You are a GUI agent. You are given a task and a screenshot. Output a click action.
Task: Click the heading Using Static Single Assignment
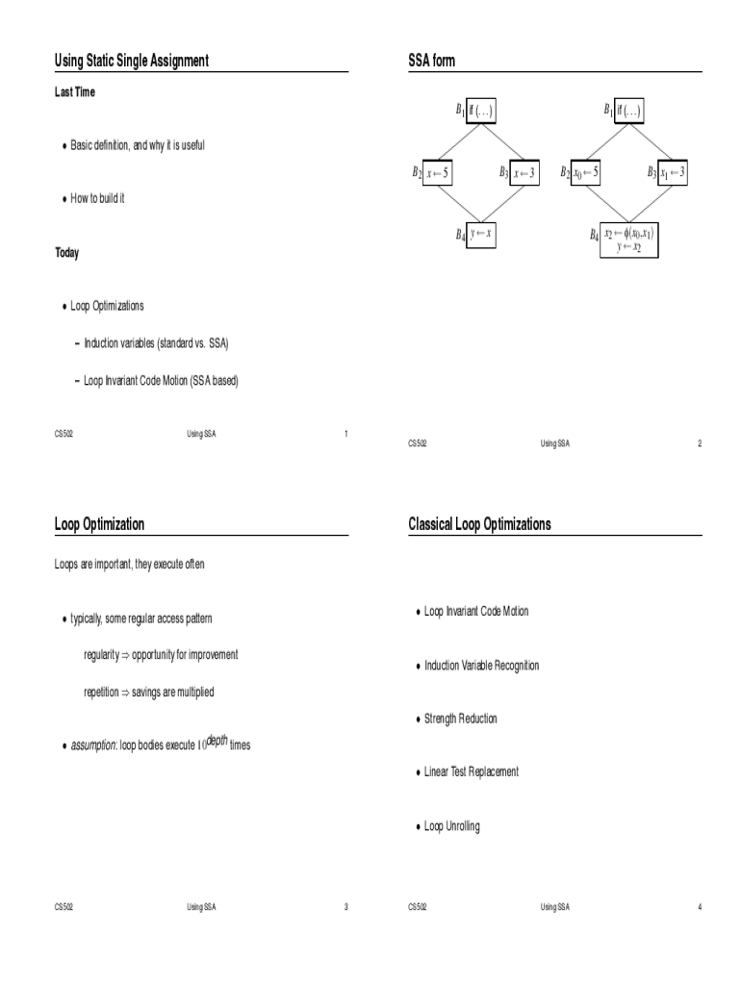click(132, 62)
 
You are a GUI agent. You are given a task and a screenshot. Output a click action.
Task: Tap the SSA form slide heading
click(432, 62)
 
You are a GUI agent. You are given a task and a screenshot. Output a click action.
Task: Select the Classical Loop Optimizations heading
click(479, 524)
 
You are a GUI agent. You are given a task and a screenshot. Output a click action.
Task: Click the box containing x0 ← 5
click(586, 172)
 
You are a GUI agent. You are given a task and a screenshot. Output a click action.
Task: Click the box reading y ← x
click(480, 234)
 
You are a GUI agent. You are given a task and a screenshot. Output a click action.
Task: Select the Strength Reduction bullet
click(460, 719)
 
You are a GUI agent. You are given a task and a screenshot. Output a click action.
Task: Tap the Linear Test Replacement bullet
click(471, 771)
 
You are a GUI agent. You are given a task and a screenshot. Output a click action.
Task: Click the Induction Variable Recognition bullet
click(481, 666)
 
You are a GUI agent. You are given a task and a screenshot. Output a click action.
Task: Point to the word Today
click(67, 253)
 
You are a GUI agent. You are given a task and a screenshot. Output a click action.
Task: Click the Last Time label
click(75, 92)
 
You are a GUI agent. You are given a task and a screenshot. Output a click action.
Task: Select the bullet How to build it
click(97, 198)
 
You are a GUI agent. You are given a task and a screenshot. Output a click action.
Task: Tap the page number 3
click(345, 906)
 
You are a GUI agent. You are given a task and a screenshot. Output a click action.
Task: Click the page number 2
click(700, 443)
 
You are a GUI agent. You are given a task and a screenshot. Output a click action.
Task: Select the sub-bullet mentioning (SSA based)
click(161, 381)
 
